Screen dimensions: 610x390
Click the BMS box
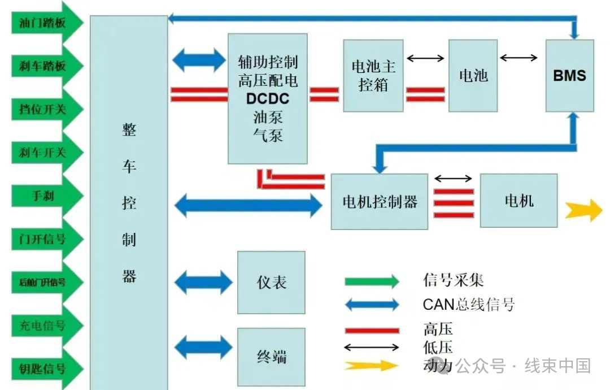(x=569, y=76)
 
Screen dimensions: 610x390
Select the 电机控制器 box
(x=380, y=202)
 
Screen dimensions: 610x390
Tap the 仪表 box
(x=271, y=282)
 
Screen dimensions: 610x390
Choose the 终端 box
(x=271, y=357)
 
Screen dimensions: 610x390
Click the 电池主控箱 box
(x=373, y=76)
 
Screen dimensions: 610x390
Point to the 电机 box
(x=518, y=201)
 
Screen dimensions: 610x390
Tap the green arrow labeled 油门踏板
(x=47, y=23)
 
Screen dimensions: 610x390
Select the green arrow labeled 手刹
(x=47, y=196)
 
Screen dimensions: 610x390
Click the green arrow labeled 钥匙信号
(x=47, y=368)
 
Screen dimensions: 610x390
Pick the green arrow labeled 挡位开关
(x=47, y=109)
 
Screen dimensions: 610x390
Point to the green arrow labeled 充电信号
(x=47, y=325)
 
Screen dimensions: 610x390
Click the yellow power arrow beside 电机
(x=583, y=210)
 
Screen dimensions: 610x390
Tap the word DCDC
(x=268, y=99)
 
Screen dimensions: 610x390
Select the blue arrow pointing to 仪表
(x=203, y=282)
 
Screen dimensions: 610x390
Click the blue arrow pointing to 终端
(x=203, y=347)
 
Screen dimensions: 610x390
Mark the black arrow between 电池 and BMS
(x=518, y=58)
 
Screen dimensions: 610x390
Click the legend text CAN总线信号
(x=469, y=305)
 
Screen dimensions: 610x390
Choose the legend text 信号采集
(x=453, y=280)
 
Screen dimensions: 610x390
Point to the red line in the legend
(x=372, y=331)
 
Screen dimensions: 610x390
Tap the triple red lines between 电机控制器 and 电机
(x=454, y=203)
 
